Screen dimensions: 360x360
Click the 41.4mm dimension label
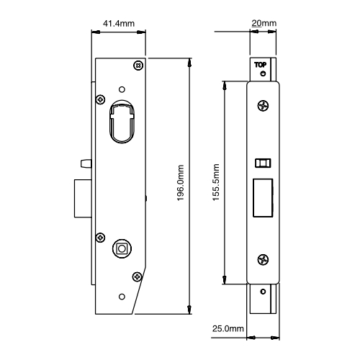click(x=119, y=24)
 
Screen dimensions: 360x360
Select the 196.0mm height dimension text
click(x=181, y=183)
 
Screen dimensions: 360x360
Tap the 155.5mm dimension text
click(x=216, y=182)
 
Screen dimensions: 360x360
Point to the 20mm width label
click(x=264, y=23)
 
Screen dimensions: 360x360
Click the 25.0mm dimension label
click(x=228, y=328)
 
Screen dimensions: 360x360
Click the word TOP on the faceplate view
click(x=260, y=65)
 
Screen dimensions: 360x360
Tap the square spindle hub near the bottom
click(x=122, y=248)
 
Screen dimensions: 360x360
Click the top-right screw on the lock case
click(x=138, y=66)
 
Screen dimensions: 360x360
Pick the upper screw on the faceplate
click(x=263, y=106)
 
